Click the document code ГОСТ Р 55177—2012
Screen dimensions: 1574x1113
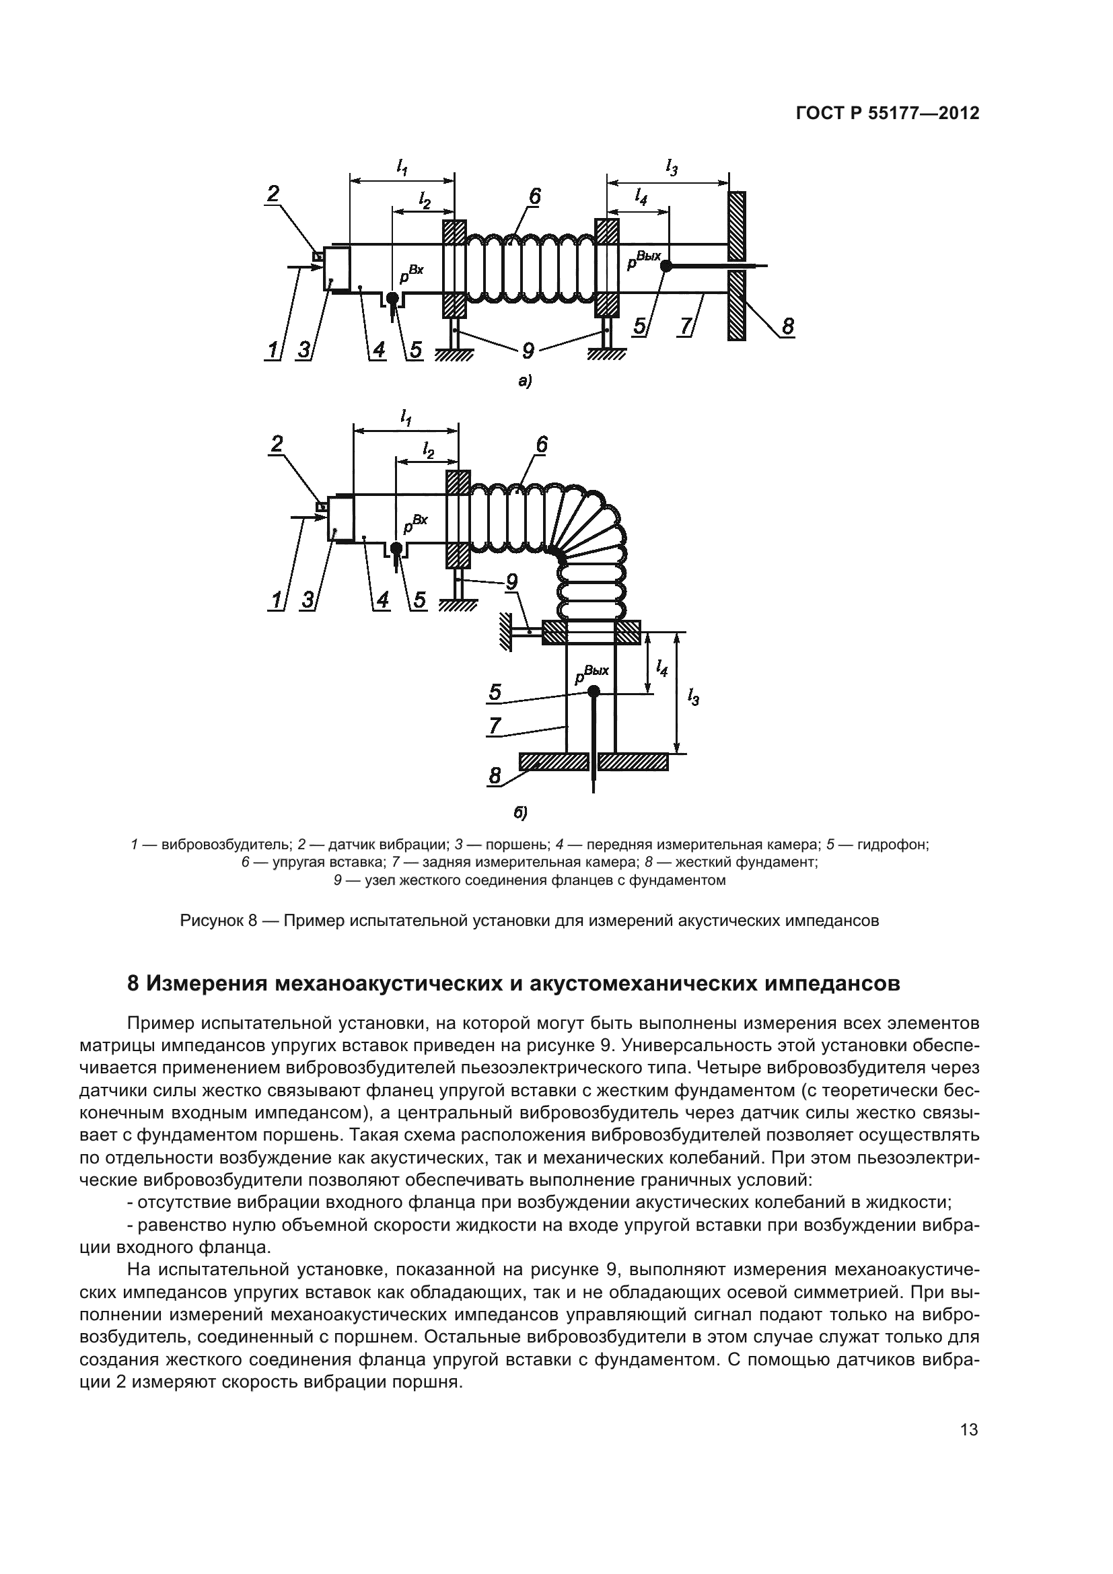pos(887,113)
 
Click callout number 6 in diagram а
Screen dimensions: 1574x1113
pos(534,196)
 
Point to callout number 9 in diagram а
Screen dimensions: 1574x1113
pos(528,351)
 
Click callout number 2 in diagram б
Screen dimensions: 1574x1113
pos(276,445)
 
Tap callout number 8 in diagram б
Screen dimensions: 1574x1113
pos(495,775)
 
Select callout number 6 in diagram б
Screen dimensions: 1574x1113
pos(541,445)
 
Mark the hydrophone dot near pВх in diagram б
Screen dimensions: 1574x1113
pos(396,547)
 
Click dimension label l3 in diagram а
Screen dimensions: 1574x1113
pos(672,167)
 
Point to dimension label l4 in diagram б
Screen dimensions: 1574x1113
pos(661,667)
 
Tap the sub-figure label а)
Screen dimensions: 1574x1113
pos(525,382)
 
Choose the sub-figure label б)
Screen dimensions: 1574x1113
pos(521,814)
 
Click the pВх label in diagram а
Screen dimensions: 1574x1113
pos(411,274)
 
